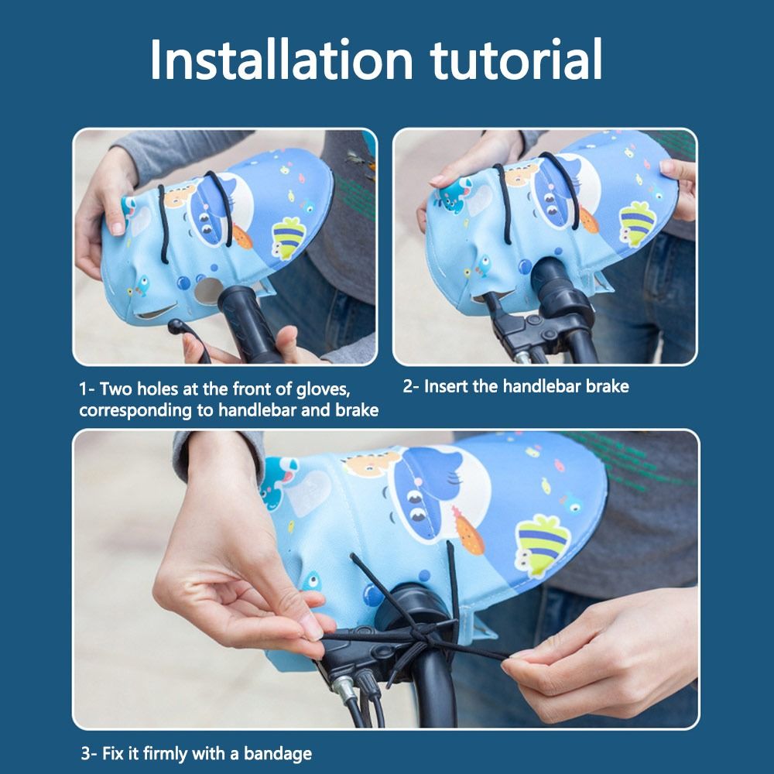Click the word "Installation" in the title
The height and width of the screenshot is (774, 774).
[281, 60]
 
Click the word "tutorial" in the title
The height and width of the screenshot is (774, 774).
[516, 60]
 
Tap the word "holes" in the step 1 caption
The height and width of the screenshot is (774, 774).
[157, 389]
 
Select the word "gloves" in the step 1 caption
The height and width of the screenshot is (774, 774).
[323, 390]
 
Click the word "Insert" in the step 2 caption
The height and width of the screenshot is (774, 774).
[446, 386]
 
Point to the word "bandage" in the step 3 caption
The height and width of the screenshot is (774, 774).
[278, 754]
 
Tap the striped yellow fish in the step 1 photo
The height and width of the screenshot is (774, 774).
[289, 238]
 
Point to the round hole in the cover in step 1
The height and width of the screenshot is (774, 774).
[207, 291]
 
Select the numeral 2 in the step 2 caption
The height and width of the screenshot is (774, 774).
[408, 386]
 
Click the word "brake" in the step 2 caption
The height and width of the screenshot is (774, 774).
[608, 386]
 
